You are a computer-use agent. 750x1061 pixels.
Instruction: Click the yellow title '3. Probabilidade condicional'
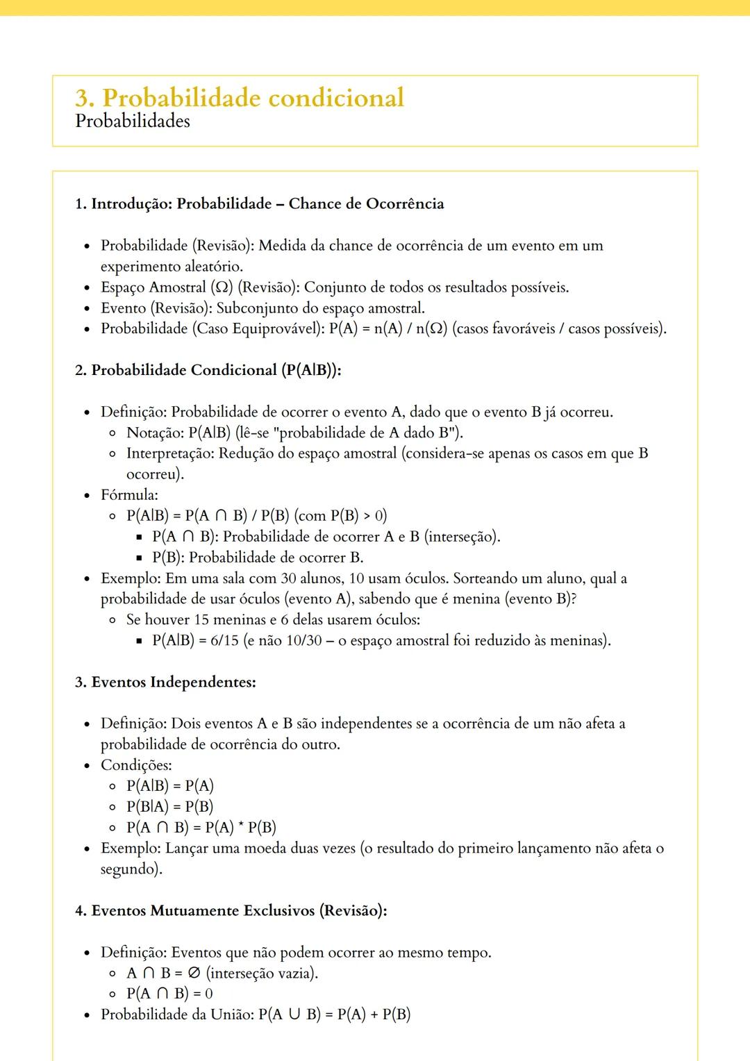click(240, 98)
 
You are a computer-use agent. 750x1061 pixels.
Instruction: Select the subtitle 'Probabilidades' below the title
click(133, 122)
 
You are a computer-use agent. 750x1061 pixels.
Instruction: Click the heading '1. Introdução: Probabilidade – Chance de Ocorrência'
click(259, 204)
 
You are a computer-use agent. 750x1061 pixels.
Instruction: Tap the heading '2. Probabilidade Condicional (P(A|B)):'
click(208, 370)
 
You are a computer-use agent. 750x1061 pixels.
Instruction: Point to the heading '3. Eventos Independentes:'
click(165, 682)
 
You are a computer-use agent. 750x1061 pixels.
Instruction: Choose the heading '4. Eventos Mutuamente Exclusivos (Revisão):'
click(231, 910)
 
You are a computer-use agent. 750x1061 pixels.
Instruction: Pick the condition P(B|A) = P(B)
click(169, 807)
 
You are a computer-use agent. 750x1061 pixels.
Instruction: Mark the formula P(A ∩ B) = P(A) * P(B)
click(201, 828)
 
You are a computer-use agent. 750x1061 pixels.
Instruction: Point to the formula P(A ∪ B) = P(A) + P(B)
click(334, 1014)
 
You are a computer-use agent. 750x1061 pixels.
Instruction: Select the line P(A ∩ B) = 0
click(169, 994)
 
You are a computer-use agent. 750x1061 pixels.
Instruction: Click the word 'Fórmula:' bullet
click(129, 495)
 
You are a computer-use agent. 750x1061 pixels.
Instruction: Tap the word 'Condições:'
click(136, 765)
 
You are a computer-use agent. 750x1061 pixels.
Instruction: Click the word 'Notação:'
click(155, 433)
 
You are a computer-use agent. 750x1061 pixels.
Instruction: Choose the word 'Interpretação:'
click(170, 453)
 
